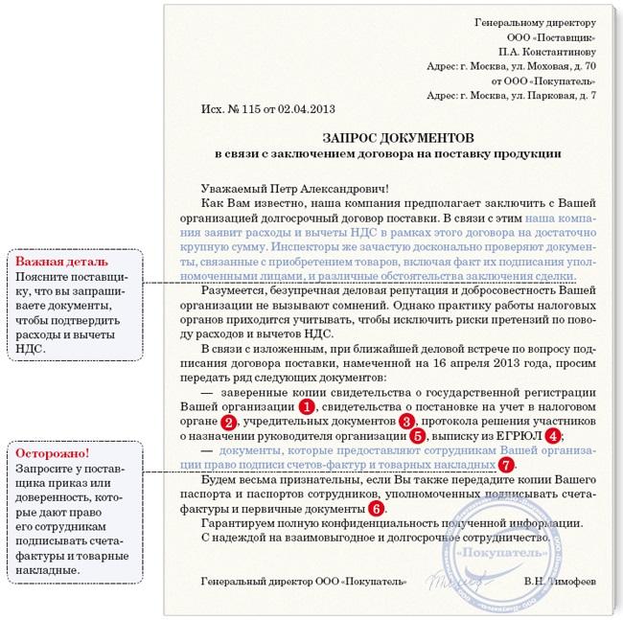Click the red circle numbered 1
[306, 406]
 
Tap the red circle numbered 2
[228, 422]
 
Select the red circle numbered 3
[406, 421]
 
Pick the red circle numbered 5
[418, 436]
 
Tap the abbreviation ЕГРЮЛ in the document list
[518, 436]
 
